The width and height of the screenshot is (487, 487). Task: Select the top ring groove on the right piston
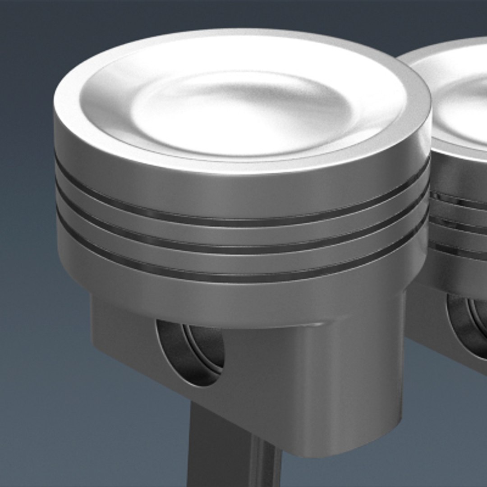pos(458,198)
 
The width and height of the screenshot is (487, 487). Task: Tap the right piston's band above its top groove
pos(458,176)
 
